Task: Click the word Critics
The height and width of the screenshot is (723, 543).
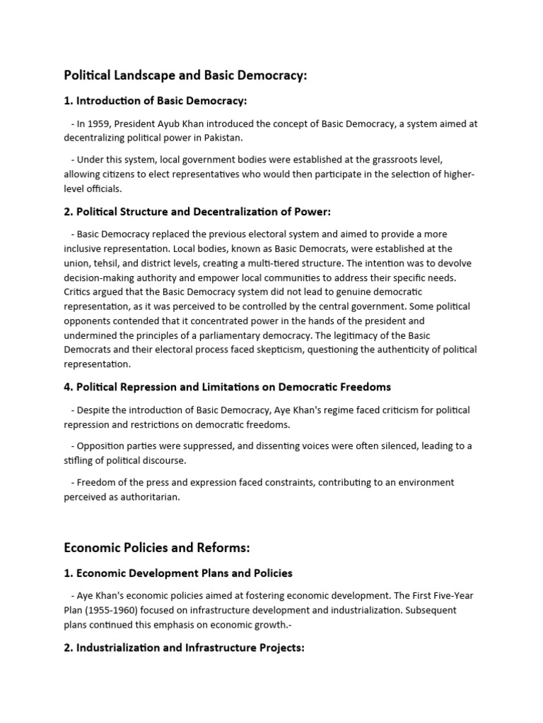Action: (79, 292)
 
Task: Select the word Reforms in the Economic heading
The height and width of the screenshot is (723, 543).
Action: (223, 548)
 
